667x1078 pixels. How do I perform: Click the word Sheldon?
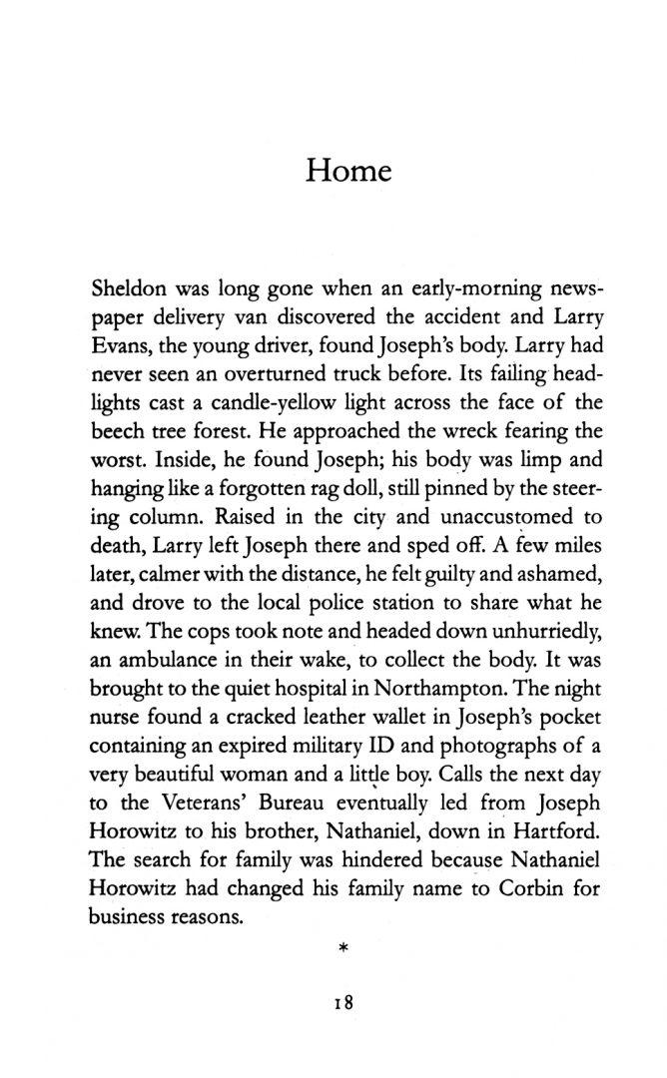click(x=129, y=289)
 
